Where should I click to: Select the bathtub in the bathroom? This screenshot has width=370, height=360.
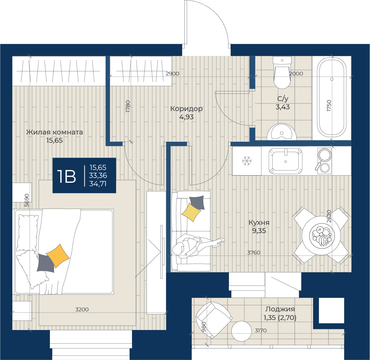332,97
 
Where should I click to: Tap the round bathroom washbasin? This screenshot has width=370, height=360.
281,132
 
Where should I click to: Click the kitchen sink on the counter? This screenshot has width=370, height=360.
286,161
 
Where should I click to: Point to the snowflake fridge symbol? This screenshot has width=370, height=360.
247,161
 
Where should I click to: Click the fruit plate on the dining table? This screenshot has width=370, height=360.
322,235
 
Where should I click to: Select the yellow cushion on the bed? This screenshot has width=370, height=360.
58,256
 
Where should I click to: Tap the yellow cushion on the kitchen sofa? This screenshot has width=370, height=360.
191,212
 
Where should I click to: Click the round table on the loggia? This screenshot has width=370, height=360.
241,331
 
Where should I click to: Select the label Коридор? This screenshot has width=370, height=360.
186,109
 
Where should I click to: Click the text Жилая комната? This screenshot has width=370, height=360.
54,132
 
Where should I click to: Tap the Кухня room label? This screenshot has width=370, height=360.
259,222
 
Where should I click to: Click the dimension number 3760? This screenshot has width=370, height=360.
254,252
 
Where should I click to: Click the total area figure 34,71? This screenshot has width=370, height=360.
98,183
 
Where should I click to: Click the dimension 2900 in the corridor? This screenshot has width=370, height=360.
173,74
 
